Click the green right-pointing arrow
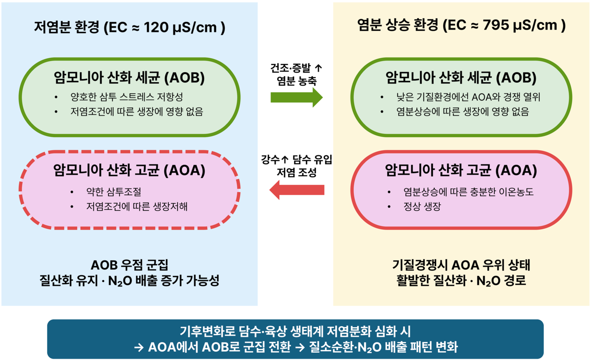click(296, 98)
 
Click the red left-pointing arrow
click(296, 190)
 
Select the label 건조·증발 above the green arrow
click(290, 68)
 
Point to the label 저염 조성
click(296, 172)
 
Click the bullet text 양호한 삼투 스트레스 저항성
click(127, 97)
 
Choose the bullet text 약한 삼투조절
click(114, 191)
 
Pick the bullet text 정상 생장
click(422, 206)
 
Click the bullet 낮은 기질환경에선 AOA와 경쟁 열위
click(468, 97)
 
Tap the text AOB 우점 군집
click(129, 265)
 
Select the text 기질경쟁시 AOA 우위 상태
click(461, 265)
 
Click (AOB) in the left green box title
click(185, 78)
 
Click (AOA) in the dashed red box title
click(185, 170)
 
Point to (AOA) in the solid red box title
click(516, 170)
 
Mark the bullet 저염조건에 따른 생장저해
click(136, 206)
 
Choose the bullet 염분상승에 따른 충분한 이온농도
click(469, 191)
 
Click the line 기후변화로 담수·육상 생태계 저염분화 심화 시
click(295, 331)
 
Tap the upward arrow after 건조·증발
click(319, 68)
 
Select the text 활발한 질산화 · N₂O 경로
click(461, 281)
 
